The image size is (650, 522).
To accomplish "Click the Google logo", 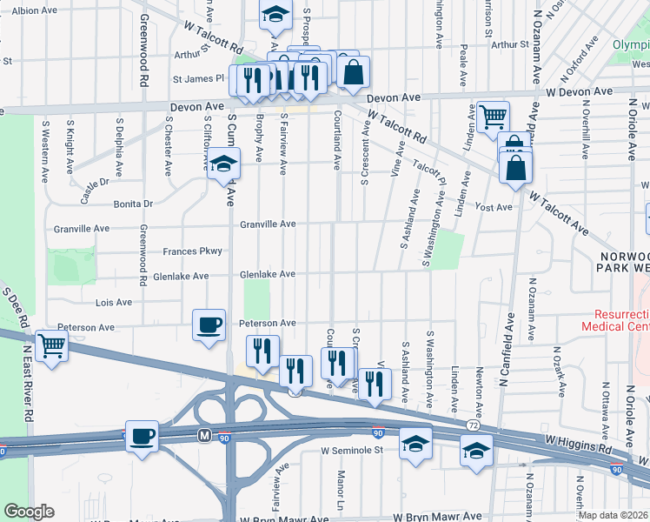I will click(x=29, y=512).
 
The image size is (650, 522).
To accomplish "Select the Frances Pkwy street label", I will click(x=192, y=251).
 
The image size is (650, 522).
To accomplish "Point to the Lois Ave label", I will click(x=113, y=303).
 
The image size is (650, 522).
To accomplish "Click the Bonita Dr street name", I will click(x=132, y=204).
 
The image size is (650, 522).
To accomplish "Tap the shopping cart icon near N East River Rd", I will click(x=51, y=346).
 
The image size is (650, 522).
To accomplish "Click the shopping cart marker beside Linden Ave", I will click(x=493, y=115).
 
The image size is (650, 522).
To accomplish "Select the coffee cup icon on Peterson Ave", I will click(x=209, y=325).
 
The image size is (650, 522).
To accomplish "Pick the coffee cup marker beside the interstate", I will click(x=143, y=437).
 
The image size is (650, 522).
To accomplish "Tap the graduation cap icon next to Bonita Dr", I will click(x=223, y=163).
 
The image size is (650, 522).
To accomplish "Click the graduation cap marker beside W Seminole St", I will click(x=415, y=444).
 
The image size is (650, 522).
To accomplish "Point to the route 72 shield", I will click(x=472, y=425).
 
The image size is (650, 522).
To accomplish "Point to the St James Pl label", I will click(x=199, y=77).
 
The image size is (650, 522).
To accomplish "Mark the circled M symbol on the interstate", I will click(x=205, y=434).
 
